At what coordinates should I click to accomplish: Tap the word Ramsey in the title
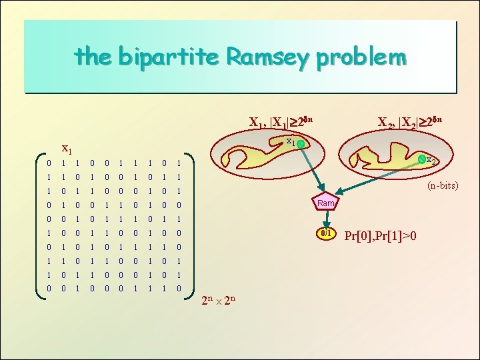[x=268, y=58]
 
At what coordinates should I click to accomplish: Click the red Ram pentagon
[x=326, y=203]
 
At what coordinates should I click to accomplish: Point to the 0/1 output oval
[x=327, y=234]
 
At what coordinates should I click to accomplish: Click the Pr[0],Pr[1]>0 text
[x=380, y=235]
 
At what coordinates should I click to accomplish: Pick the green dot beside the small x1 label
[x=301, y=144]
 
